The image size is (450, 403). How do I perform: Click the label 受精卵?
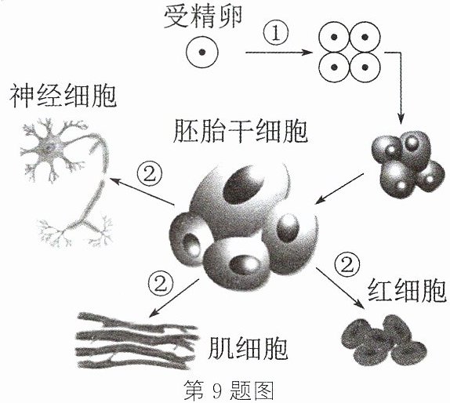coord(202,17)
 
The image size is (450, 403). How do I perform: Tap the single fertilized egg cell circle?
coord(202,53)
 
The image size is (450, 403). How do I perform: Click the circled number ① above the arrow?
coord(276,34)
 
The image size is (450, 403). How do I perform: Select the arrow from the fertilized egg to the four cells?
coord(279,53)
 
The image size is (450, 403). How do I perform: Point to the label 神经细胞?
coord(64,96)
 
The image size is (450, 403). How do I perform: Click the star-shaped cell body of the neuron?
coord(49,148)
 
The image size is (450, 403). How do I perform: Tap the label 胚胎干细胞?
coord(241,131)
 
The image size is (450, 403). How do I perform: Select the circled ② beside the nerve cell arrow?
coord(149,174)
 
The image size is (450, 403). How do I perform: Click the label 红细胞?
coord(407,290)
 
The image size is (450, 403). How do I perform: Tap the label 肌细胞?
coord(248,348)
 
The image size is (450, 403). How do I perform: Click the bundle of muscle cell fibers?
coord(136,341)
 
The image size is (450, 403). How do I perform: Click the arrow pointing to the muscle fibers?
coord(174,298)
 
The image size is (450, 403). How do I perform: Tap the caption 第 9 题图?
coord(229,390)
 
